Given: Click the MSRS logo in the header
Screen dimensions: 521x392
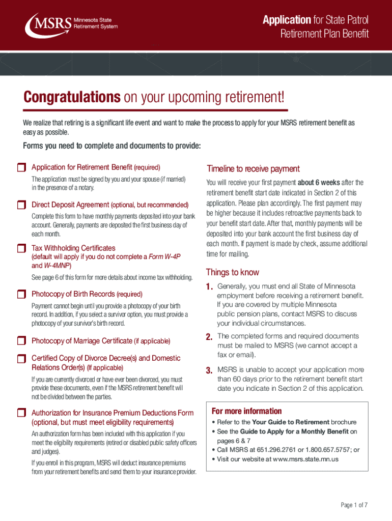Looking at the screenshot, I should [71, 23].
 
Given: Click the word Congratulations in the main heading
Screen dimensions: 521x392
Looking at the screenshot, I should [72, 97].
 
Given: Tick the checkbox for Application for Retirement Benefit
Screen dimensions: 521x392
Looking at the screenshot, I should [21, 167].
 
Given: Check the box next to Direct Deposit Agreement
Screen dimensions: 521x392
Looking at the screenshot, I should [21, 205].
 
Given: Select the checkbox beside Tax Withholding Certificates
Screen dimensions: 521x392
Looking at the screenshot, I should [21, 248].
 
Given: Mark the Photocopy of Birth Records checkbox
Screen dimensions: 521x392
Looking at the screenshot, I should [21, 294].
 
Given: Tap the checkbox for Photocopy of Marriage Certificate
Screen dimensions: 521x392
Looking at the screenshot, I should [21, 341].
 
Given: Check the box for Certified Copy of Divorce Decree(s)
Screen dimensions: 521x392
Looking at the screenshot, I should [21, 359].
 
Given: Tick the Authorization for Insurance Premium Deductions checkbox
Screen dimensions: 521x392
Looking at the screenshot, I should [21, 413].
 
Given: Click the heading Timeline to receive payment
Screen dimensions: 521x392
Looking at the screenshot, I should [253, 169].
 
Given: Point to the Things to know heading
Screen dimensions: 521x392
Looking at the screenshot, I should [232, 272].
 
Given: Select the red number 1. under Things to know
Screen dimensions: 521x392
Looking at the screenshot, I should [209, 287].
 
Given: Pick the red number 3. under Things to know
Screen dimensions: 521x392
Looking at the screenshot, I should [209, 370].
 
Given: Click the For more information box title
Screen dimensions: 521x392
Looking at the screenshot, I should [246, 411].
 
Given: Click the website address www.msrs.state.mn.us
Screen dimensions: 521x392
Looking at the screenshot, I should [298, 459].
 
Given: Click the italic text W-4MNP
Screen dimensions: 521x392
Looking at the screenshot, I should [57, 266].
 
